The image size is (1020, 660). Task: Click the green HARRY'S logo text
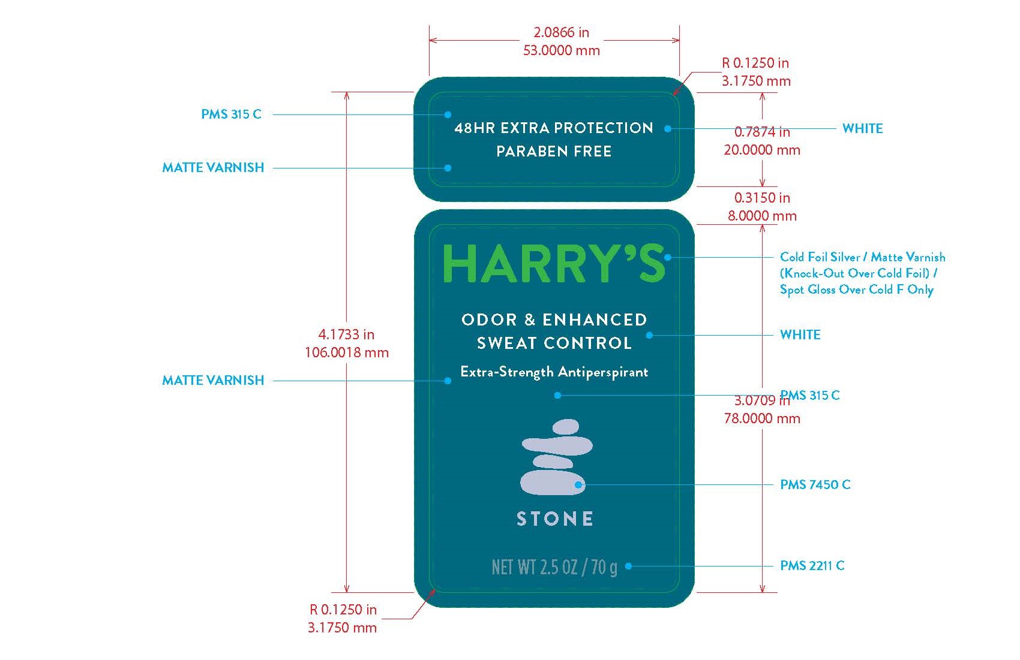(554, 263)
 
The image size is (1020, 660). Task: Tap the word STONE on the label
(555, 519)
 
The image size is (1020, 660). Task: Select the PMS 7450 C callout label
(815, 484)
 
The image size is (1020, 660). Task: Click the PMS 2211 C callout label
(812, 565)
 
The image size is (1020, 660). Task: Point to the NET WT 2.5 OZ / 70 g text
(554, 567)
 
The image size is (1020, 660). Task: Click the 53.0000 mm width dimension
(562, 50)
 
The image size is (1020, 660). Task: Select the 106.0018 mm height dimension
(347, 352)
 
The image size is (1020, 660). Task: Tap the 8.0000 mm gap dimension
(762, 216)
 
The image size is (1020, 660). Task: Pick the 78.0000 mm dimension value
(762, 418)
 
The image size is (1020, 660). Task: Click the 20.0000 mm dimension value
(762, 150)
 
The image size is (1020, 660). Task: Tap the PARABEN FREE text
(554, 151)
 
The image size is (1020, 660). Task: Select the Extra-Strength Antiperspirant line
(554, 372)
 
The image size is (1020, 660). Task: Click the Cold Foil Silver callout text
(862, 273)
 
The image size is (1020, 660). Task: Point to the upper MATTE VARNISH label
(213, 167)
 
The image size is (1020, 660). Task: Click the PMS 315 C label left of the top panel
(232, 114)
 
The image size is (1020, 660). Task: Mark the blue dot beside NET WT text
(628, 566)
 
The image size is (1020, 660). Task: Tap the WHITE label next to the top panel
(862, 128)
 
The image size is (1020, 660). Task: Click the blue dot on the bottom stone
(578, 485)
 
